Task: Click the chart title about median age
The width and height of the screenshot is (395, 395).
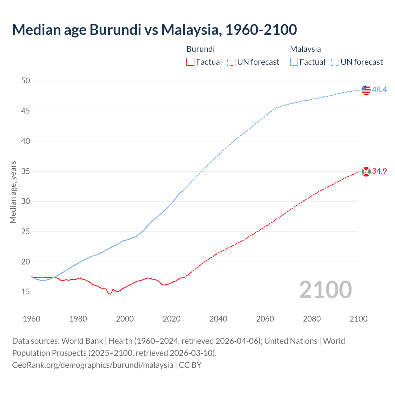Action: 154,30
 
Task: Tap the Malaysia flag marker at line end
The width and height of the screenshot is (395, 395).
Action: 366,90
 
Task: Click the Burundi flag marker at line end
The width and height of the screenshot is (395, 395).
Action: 366,172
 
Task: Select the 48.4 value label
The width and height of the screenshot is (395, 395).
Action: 379,90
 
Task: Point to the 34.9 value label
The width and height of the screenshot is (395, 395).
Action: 379,171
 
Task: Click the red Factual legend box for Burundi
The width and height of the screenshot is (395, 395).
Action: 190,62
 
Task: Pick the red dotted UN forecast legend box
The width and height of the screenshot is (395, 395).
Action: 231,62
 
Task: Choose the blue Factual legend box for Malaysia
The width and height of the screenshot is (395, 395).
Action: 294,62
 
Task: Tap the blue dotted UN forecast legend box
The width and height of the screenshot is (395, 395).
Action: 335,62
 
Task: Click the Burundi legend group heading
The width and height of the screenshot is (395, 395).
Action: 201,49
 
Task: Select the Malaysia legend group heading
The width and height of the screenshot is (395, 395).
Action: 305,49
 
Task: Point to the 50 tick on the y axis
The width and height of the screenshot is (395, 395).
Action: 26,81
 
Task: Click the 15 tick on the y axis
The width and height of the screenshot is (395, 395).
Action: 26,292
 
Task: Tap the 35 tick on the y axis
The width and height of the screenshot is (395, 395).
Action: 26,171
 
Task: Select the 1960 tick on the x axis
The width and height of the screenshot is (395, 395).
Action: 31,319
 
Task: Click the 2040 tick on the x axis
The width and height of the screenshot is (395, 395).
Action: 218,319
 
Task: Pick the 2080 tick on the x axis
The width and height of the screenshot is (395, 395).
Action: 312,319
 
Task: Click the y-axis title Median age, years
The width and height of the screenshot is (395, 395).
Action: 13,192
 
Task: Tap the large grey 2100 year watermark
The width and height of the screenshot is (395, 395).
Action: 325,290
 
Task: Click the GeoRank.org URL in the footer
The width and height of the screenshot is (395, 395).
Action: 93,365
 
